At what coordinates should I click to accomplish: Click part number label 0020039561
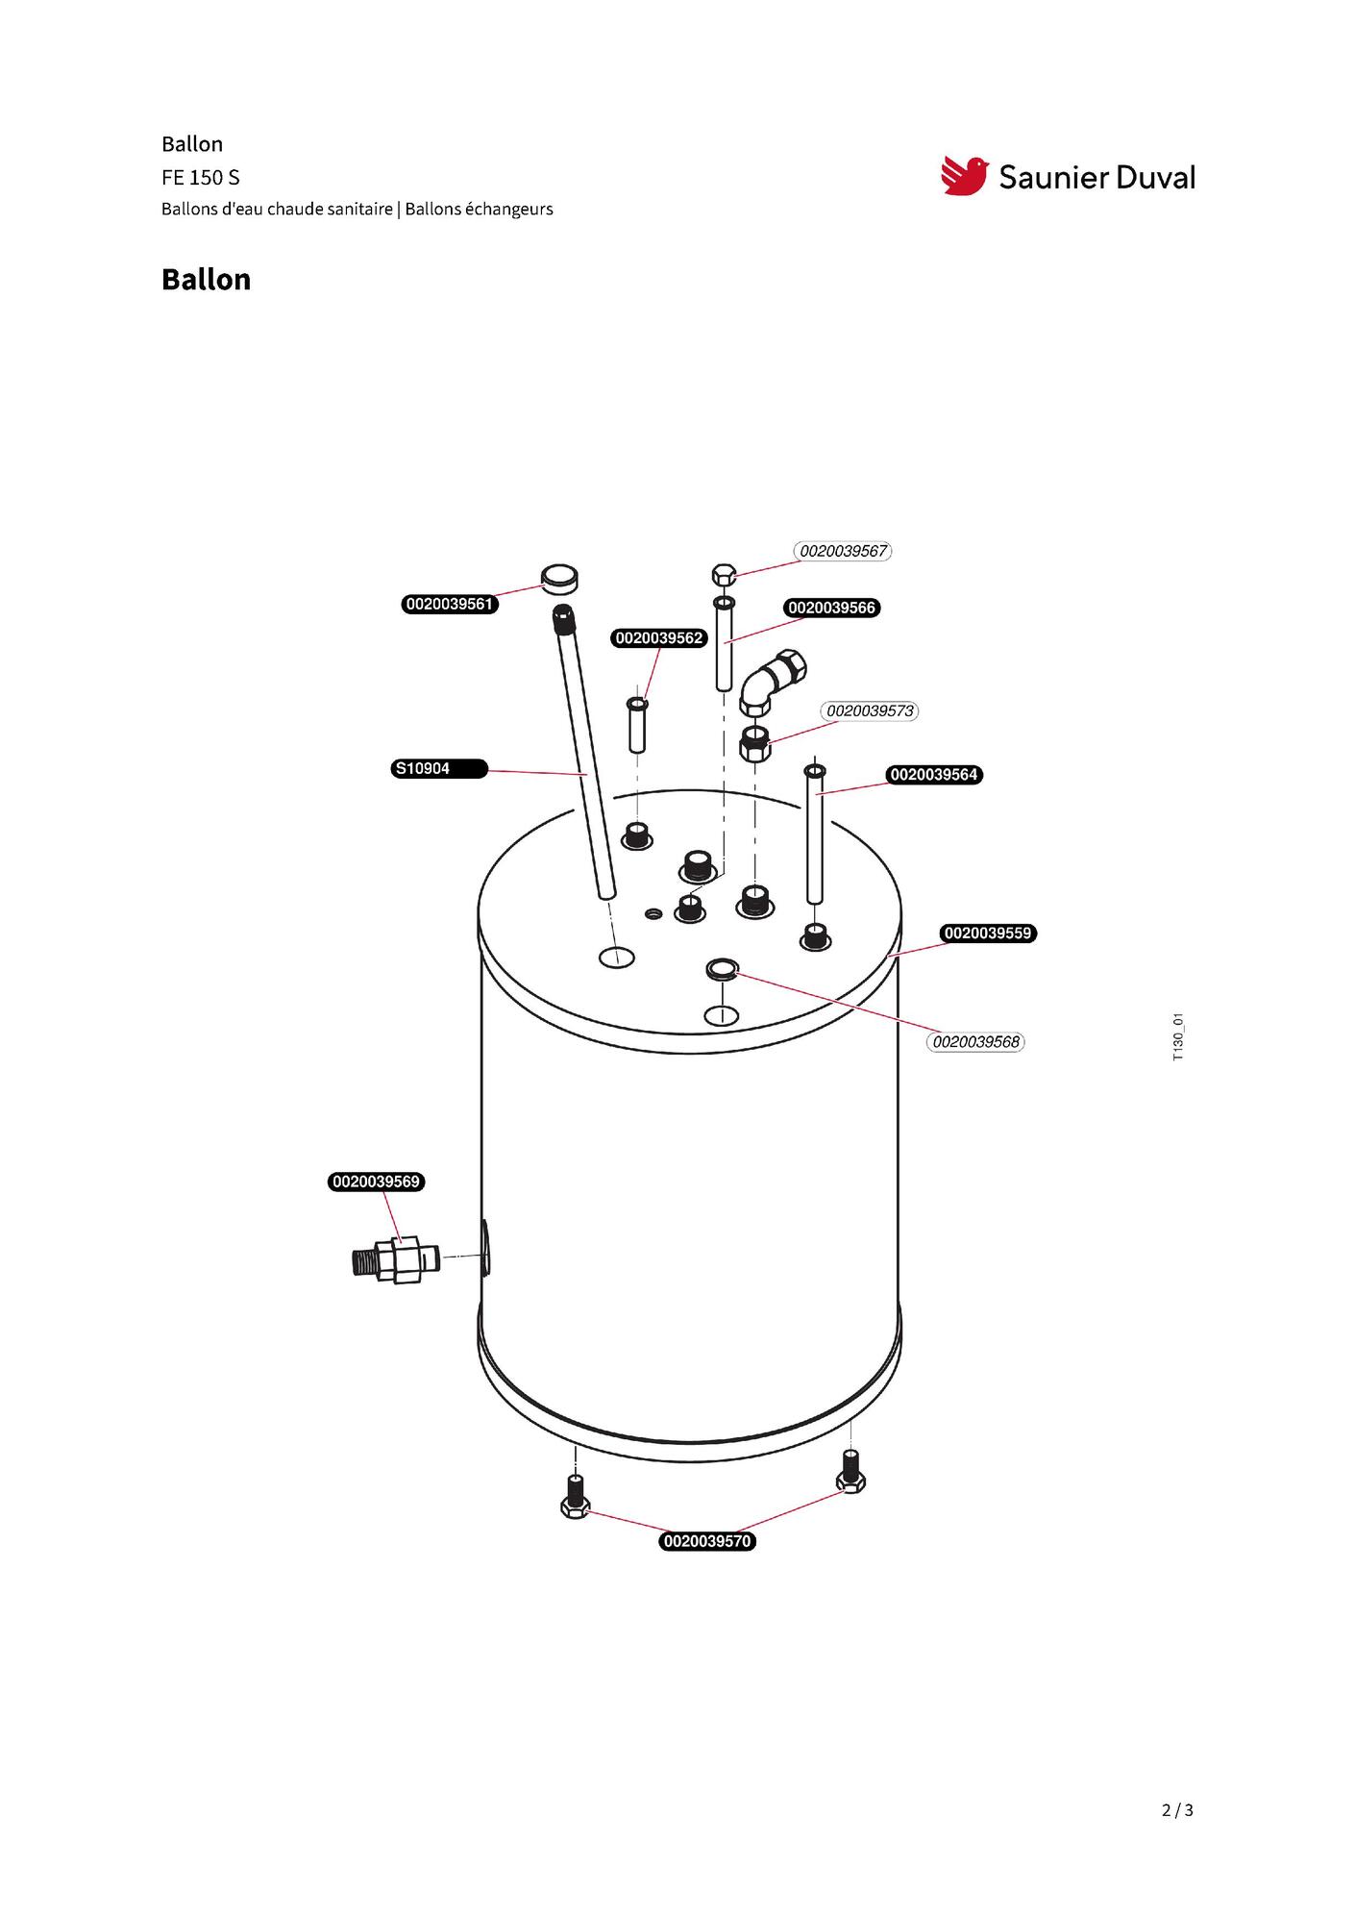tap(450, 605)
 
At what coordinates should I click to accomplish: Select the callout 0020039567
tap(843, 551)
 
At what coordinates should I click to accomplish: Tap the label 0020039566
tap(831, 608)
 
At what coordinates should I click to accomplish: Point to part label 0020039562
tap(659, 638)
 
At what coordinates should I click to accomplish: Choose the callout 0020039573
tap(870, 711)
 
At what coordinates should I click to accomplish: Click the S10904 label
tap(440, 769)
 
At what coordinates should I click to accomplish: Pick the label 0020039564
tap(933, 775)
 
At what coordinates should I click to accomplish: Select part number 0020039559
tap(987, 934)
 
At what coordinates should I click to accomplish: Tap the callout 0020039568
tap(975, 1042)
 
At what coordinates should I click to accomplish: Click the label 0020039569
tap(377, 1182)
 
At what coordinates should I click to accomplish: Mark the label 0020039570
tap(707, 1541)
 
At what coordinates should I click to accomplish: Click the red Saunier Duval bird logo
tap(964, 176)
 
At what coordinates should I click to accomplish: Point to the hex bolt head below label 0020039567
tap(724, 576)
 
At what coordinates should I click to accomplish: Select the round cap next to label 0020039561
tap(558, 579)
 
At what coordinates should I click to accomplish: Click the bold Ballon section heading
tap(206, 280)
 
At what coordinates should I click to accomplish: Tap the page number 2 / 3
tap(1177, 1810)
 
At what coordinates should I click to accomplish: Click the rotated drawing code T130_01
tap(1178, 1036)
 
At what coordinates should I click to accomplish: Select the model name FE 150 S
tap(201, 178)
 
